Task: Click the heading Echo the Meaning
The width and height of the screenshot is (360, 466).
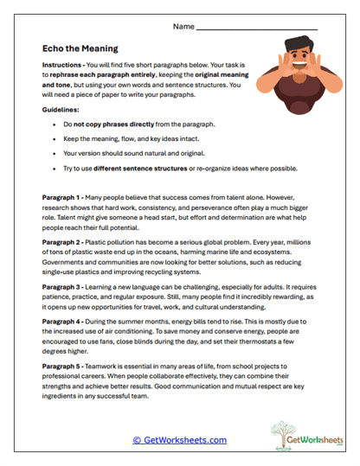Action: click(x=80, y=49)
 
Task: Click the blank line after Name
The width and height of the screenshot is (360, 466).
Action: click(x=257, y=29)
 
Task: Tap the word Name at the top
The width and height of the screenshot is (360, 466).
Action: click(x=183, y=27)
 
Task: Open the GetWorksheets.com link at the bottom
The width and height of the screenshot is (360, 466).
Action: click(x=179, y=439)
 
